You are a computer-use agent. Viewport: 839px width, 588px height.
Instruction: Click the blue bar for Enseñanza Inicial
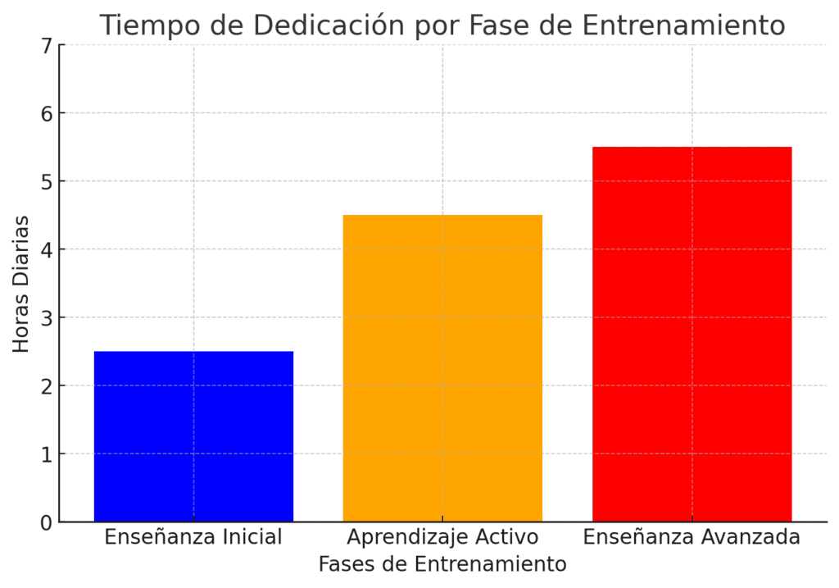[x=193, y=436]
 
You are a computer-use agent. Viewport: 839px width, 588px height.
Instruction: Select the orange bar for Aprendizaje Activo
[x=442, y=368]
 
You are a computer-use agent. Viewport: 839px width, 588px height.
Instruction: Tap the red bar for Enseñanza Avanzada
[x=692, y=334]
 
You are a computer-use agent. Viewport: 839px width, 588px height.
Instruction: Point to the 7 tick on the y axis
[x=45, y=46]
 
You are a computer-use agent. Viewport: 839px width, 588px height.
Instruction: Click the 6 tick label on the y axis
[x=45, y=114]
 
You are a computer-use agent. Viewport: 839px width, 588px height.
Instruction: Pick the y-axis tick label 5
[x=45, y=182]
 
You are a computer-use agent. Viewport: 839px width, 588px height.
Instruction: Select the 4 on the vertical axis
[x=45, y=250]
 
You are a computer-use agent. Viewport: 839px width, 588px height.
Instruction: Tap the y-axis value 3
[x=45, y=318]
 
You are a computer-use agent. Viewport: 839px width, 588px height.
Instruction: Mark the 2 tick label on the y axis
[x=45, y=386]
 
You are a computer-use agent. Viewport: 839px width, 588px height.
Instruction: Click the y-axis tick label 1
[x=45, y=454]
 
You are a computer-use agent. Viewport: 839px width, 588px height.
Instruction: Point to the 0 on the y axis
[x=45, y=522]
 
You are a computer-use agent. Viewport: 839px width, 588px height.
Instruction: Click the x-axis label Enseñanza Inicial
[x=193, y=538]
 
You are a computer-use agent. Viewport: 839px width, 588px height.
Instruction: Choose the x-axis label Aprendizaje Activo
[x=442, y=538]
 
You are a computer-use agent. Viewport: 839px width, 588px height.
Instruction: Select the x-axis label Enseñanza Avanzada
[x=692, y=538]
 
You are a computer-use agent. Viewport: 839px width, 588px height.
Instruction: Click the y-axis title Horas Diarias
[x=21, y=284]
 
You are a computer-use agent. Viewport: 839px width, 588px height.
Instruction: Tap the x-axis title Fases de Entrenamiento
[x=442, y=565]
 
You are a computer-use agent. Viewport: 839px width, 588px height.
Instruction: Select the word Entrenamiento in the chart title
[x=683, y=25]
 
